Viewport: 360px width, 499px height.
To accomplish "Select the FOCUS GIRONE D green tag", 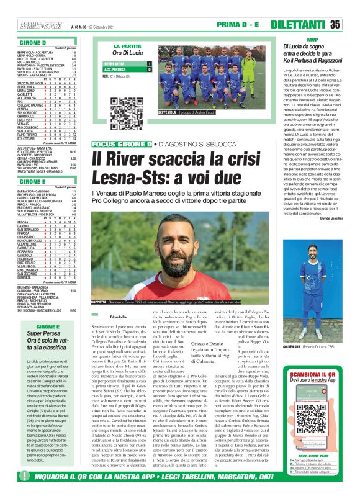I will pyautogui.click(x=121, y=145).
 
